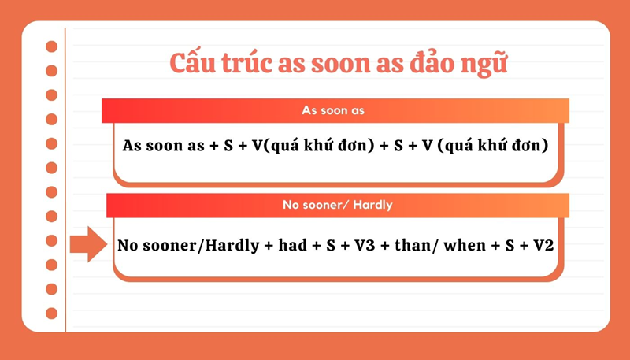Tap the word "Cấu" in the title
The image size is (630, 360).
(x=194, y=64)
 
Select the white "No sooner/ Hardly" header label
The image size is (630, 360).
(x=337, y=206)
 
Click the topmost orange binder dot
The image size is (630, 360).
(x=52, y=46)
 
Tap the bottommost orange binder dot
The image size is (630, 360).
(x=52, y=314)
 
